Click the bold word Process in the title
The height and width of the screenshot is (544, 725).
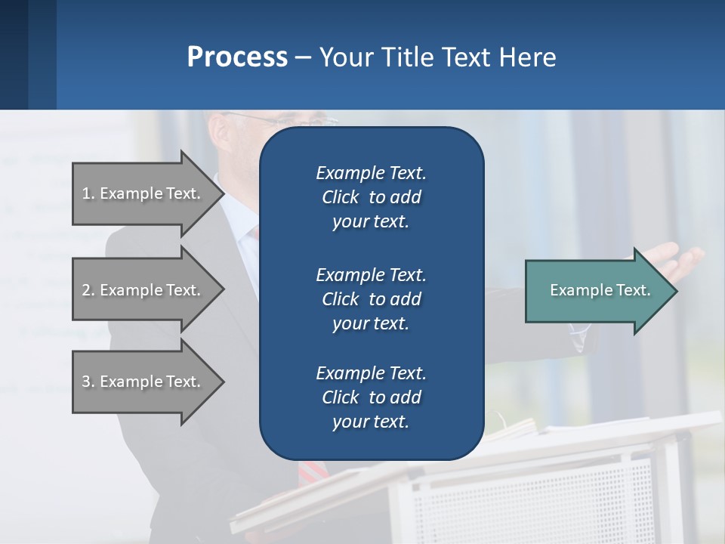pos(237,57)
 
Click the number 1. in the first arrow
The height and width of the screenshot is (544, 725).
pos(88,193)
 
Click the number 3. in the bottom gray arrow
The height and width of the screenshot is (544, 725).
pos(88,382)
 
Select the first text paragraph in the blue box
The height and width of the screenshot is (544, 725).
pos(371,197)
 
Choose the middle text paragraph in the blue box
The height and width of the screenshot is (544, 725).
pos(371,299)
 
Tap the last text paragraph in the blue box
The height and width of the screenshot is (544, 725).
pos(371,397)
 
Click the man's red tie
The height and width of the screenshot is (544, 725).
pos(308,472)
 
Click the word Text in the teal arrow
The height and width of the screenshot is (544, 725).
pos(634,290)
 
